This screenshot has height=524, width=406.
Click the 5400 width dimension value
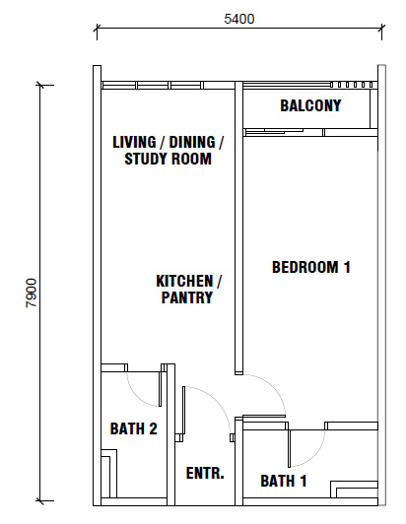click(x=239, y=19)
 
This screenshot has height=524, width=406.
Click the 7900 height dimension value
click(x=32, y=293)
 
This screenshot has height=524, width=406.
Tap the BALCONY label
click(x=310, y=105)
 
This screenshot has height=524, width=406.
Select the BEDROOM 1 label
click(x=311, y=267)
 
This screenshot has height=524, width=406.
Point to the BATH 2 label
click(x=133, y=428)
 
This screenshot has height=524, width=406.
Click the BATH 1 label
click(x=283, y=481)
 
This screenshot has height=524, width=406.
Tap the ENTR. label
click(x=205, y=473)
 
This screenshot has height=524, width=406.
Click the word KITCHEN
click(x=184, y=281)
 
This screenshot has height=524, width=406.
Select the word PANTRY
click(x=187, y=297)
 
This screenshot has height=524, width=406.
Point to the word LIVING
click(x=134, y=142)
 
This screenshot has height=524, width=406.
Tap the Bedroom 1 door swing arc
click(x=273, y=388)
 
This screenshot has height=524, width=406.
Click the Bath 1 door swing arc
click(x=314, y=454)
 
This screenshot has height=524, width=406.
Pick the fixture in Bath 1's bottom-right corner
click(x=354, y=490)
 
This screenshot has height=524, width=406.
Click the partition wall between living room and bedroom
click(x=238, y=228)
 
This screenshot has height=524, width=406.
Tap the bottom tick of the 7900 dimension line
click(x=40, y=501)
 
